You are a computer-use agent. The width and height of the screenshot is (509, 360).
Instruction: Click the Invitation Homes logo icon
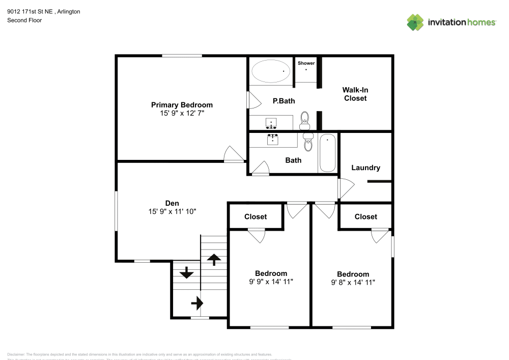pyautogui.click(x=415, y=22)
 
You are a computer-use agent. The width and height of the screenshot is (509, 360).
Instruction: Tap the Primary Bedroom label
pyautogui.click(x=182, y=105)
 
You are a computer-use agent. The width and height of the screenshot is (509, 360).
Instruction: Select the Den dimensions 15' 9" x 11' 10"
pyautogui.click(x=172, y=211)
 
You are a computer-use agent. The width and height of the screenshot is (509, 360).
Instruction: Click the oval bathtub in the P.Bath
pyautogui.click(x=270, y=72)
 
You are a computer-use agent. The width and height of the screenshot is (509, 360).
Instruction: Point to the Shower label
pyautogui.click(x=306, y=63)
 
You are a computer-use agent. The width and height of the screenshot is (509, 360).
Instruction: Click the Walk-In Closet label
pyautogui.click(x=355, y=94)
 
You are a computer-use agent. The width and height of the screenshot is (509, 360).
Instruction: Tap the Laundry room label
pyautogui.click(x=365, y=168)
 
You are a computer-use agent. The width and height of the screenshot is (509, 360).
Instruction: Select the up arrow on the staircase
pyautogui.click(x=214, y=259)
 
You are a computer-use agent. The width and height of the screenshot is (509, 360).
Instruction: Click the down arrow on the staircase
pyautogui.click(x=186, y=272)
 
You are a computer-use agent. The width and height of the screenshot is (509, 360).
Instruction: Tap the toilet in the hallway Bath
pyautogui.click(x=308, y=143)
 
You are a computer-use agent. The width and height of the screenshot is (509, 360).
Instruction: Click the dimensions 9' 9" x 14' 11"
pyautogui.click(x=271, y=281)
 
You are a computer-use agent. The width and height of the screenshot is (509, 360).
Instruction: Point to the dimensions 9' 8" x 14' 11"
pyautogui.click(x=353, y=282)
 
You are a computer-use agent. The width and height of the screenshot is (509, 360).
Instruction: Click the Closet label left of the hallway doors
pyautogui.click(x=255, y=216)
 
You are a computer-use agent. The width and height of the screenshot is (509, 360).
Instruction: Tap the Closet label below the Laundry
pyautogui.click(x=365, y=216)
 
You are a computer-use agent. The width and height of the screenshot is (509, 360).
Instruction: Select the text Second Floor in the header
pyautogui.click(x=24, y=20)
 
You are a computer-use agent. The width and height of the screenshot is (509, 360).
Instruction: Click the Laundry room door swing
pyautogui.click(x=345, y=189)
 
